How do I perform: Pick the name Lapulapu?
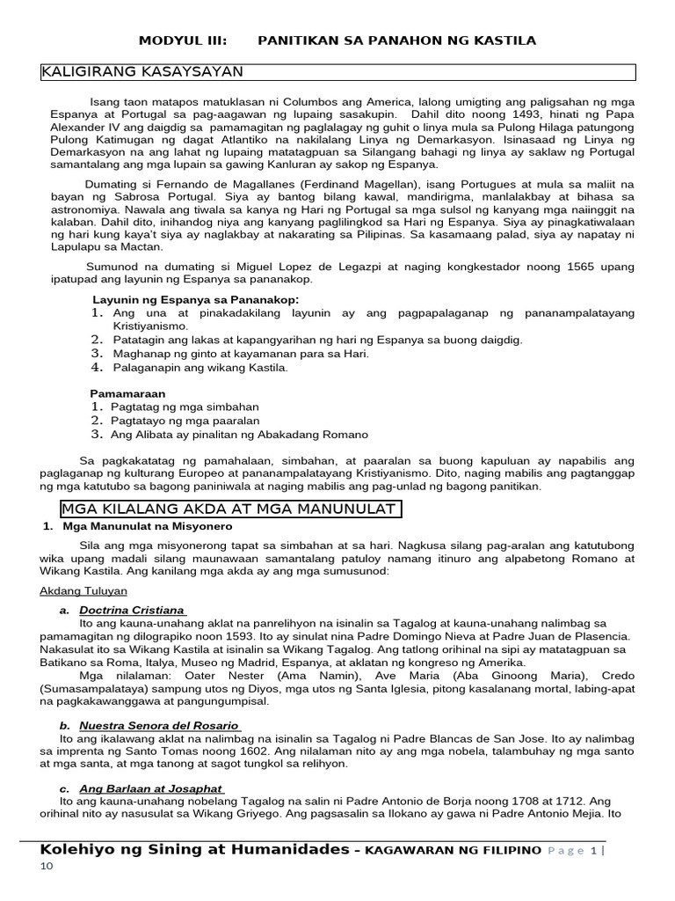(x=78, y=247)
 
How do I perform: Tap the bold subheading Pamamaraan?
(x=127, y=393)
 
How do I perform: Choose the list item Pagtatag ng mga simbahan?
(x=185, y=407)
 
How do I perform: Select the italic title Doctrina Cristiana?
(x=131, y=610)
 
